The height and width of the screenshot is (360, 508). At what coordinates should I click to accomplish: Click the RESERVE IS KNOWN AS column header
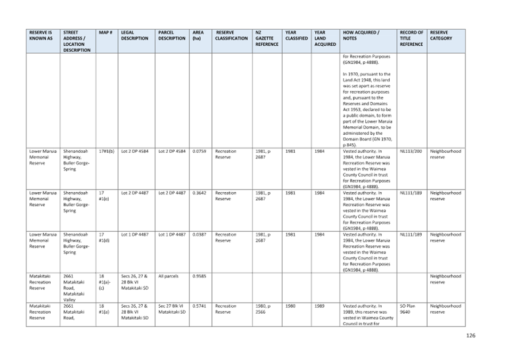pyautogui.click(x=41, y=36)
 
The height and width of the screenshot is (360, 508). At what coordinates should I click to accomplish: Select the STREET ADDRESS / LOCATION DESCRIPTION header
pyautogui.click(x=77, y=41)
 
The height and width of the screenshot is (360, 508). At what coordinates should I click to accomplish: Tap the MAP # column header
pyautogui.click(x=105, y=33)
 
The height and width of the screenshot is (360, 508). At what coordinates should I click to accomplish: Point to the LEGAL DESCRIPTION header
pyautogui.click(x=134, y=36)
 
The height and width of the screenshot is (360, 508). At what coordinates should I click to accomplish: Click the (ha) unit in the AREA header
pyautogui.click(x=196, y=39)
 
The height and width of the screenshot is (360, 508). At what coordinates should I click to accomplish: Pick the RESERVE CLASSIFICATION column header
pyautogui.click(x=232, y=36)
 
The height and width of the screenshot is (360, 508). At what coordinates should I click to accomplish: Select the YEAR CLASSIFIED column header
pyautogui.click(x=296, y=36)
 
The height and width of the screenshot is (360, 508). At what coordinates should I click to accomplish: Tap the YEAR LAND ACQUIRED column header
pyautogui.click(x=325, y=38)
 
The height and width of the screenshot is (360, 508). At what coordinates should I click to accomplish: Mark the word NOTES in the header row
pyautogui.click(x=350, y=39)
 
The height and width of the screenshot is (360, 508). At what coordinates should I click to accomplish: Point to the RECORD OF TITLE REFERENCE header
pyautogui.click(x=412, y=38)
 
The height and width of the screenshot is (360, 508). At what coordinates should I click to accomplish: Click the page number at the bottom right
pyautogui.click(x=470, y=336)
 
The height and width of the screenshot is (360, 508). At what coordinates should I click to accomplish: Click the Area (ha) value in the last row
pyautogui.click(x=198, y=306)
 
